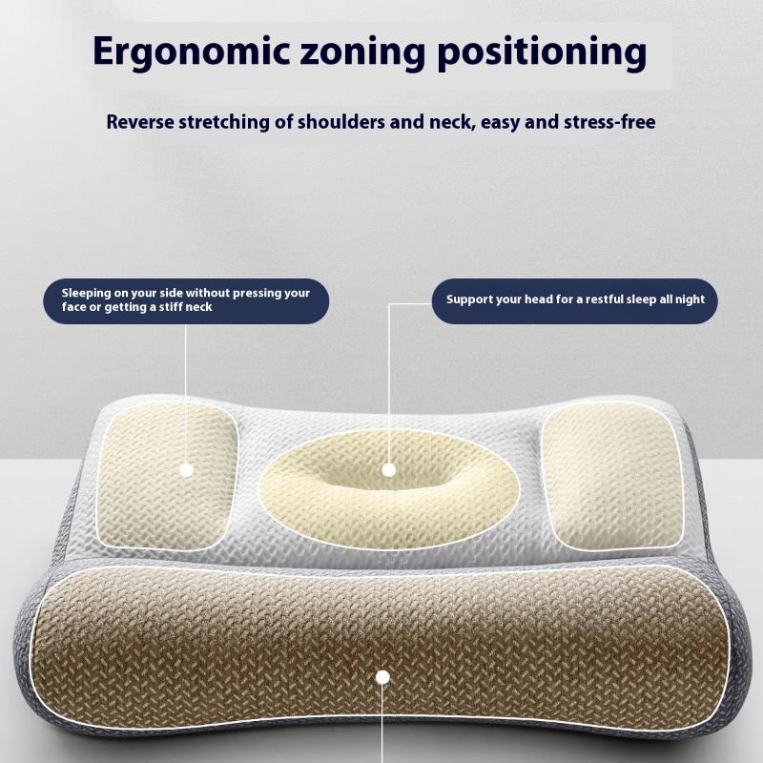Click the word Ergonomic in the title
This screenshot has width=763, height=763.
[192, 52]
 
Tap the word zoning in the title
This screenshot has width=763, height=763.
[362, 52]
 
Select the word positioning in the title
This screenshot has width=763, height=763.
[542, 52]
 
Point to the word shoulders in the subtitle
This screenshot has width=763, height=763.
[340, 122]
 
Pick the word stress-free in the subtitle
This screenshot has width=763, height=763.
[609, 122]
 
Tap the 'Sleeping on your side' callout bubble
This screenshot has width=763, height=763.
[186, 301]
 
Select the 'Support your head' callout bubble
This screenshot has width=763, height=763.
[575, 301]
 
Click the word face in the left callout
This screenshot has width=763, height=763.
[73, 307]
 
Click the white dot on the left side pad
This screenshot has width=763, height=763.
[187, 470]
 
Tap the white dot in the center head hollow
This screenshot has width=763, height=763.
[388, 470]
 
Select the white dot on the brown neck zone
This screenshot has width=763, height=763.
[383, 677]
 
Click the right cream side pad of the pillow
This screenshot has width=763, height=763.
[612, 476]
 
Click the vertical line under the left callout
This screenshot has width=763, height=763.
[185, 394]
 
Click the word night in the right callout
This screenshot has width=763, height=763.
[690, 299]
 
